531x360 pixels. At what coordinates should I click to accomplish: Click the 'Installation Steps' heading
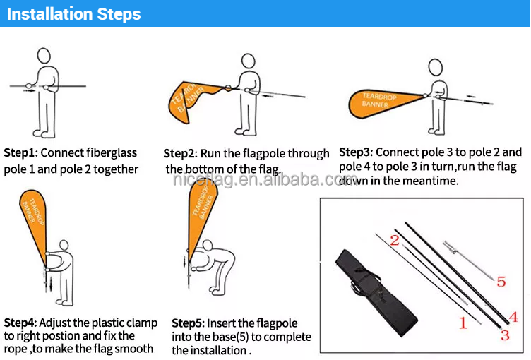pos(74,14)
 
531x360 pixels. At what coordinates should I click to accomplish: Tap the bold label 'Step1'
pos(19,152)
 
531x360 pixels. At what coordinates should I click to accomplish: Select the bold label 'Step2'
pos(179,153)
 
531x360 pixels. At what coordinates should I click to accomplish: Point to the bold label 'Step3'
pos(354,152)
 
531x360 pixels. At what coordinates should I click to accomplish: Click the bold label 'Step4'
pos(20,323)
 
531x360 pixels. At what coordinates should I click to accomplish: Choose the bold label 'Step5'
pos(187,323)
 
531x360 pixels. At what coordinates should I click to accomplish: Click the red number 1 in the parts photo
pos(463,323)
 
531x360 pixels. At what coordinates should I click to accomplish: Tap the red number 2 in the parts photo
pos(395,241)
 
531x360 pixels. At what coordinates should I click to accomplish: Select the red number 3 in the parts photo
pos(505,335)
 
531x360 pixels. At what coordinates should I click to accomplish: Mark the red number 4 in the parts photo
pos(513,317)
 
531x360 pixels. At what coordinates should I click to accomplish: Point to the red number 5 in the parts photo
pos(501,282)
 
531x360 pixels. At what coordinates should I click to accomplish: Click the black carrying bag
pos(376,293)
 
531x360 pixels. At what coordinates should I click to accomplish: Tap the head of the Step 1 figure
pos(44,56)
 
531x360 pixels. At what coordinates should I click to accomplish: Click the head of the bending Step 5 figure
pos(208,245)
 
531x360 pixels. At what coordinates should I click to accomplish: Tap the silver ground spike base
pos(469,260)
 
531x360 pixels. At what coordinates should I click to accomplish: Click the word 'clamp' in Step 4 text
pos(142,323)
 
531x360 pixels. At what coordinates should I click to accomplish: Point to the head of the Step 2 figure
pos(249,61)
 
